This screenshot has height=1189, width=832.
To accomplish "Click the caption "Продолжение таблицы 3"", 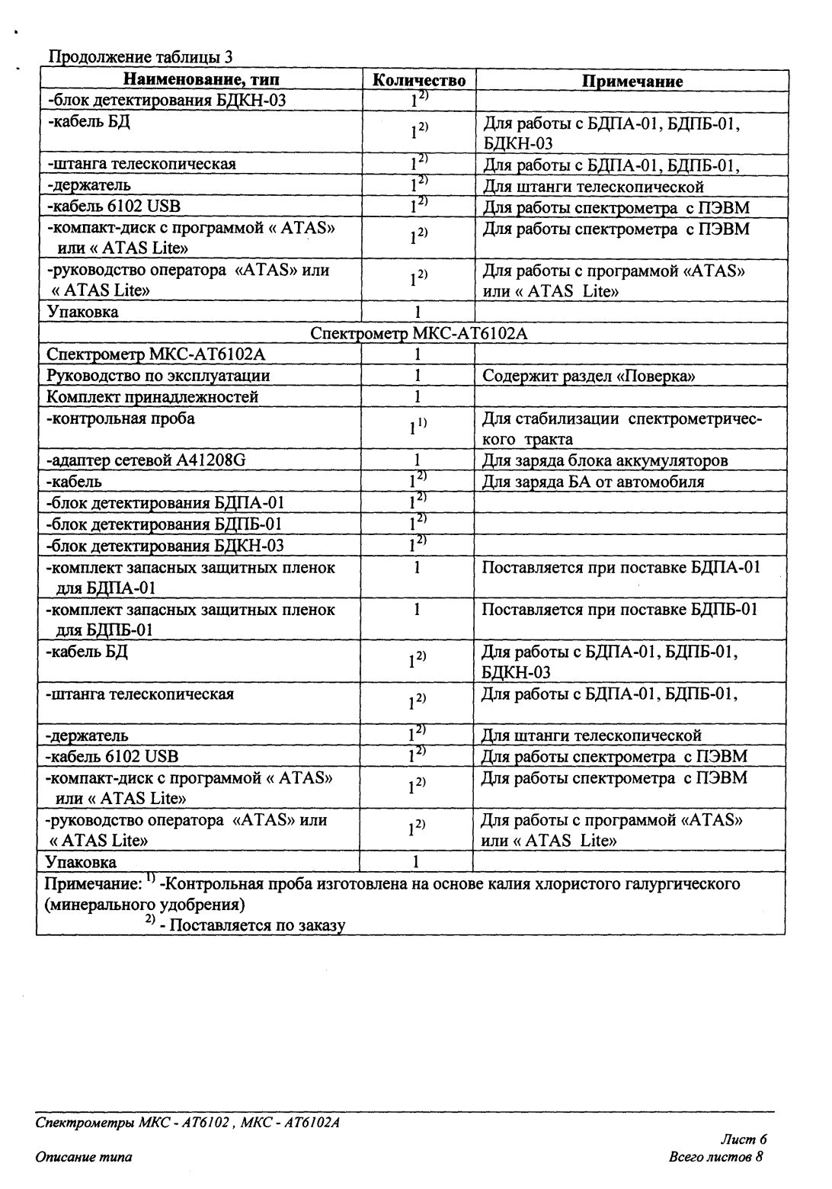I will (x=141, y=57).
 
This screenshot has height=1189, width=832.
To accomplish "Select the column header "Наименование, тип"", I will (x=201, y=80).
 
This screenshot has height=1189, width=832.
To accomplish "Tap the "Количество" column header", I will (x=418, y=80).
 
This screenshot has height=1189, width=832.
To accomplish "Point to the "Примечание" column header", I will (x=632, y=81).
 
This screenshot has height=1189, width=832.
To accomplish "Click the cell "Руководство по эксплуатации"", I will (x=158, y=376).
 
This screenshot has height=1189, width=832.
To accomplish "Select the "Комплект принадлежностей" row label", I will (x=152, y=397).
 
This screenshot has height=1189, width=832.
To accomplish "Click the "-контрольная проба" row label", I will (x=120, y=418).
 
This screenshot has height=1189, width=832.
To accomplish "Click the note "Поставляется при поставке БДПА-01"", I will (x=621, y=567).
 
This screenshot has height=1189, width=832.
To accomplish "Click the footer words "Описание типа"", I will (x=84, y=1157).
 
